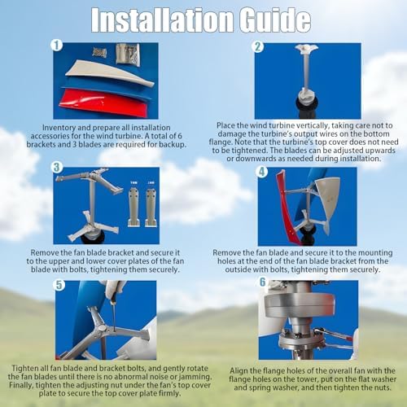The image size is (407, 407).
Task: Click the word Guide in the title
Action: (274, 20)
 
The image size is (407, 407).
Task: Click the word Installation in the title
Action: (162, 20)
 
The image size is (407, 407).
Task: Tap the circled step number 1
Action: (57, 46)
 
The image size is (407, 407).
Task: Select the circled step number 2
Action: (258, 46)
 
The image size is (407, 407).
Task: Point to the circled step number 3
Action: (57, 168)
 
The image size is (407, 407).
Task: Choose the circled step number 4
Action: (262, 172)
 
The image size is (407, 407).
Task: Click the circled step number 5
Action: (59, 285)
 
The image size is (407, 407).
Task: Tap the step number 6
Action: (262, 282)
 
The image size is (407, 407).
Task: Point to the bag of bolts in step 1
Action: (128, 55)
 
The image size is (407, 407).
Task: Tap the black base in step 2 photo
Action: (308, 107)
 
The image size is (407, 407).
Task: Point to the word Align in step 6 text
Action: (239, 370)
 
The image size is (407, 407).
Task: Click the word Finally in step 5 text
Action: (21, 385)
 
